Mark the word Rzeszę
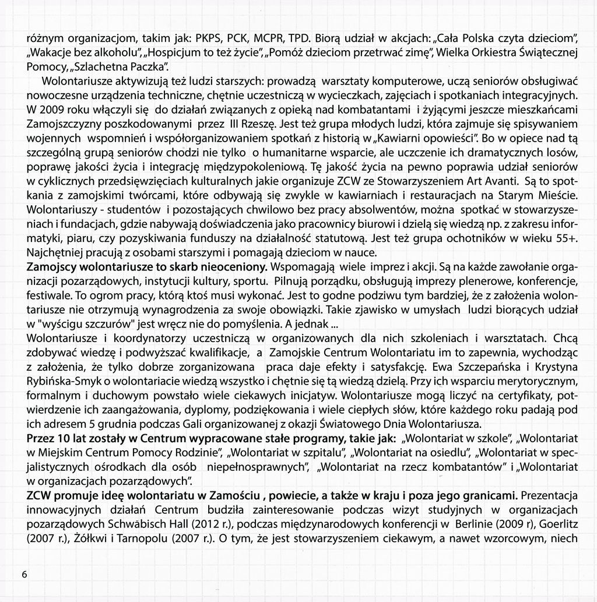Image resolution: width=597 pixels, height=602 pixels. [259, 124]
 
